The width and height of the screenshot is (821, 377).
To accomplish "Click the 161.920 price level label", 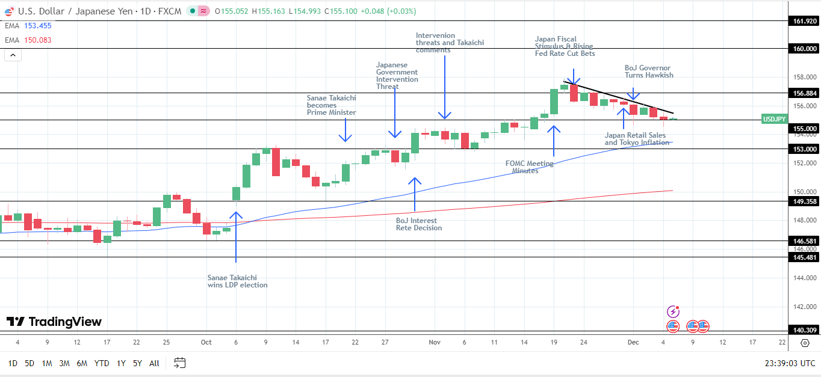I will click(x=804, y=21).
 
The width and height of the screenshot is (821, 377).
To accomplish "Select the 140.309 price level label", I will click(x=804, y=330).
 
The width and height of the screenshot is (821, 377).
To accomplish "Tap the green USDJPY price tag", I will click(x=774, y=119).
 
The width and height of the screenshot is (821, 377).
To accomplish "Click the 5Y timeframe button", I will click(x=137, y=363).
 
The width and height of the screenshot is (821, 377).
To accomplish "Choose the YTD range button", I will click(x=102, y=363).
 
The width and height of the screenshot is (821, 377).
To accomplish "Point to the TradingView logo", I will click(x=54, y=322).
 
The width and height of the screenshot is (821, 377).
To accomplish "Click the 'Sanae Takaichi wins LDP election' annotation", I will click(x=237, y=281).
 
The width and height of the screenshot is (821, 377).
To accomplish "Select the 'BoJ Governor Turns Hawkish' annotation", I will click(x=649, y=72).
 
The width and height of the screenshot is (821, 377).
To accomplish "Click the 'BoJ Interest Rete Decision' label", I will click(x=419, y=224).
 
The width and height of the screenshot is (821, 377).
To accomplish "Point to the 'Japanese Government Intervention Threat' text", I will click(x=397, y=76).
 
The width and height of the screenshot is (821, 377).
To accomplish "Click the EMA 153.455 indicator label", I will click(x=28, y=25).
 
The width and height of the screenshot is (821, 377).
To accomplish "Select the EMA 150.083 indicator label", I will click(x=28, y=40).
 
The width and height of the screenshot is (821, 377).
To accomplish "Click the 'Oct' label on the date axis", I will click(x=206, y=342).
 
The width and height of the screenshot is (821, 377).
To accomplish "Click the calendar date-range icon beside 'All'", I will click(x=179, y=363).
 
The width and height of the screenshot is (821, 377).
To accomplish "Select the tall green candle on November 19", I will click(x=554, y=102).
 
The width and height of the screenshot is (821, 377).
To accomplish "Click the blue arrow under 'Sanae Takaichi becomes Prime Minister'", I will click(x=345, y=130).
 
